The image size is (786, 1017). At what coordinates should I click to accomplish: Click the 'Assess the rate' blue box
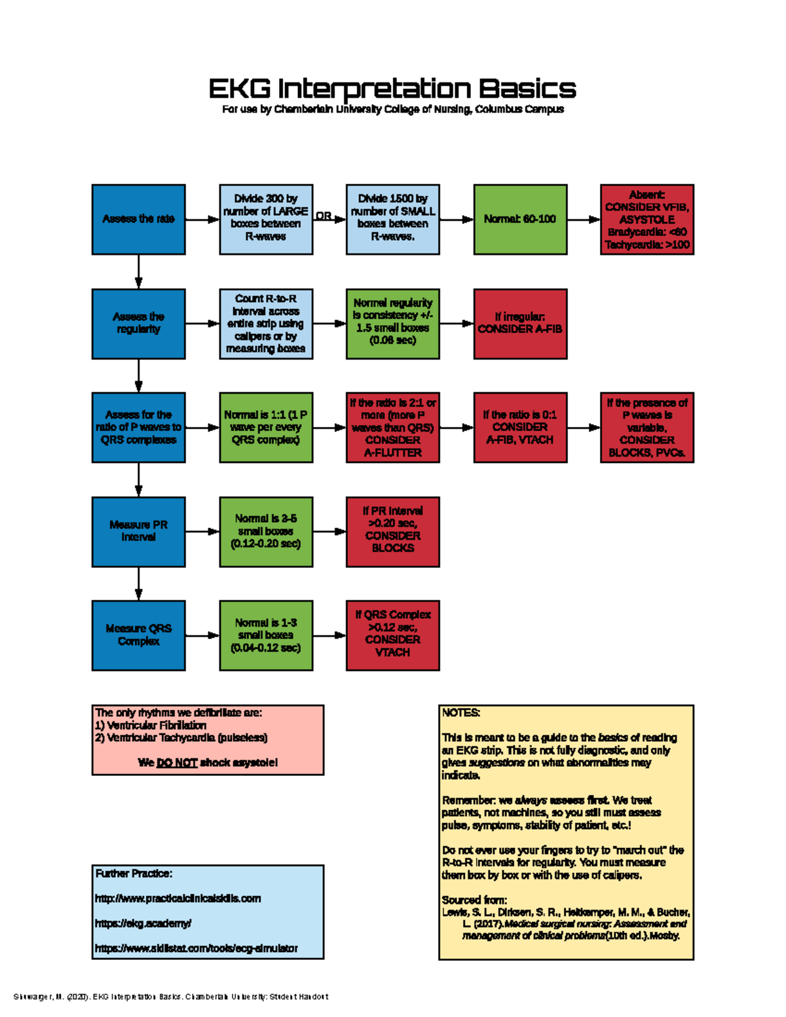click(x=138, y=219)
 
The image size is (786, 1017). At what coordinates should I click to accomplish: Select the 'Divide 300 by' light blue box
click(x=265, y=219)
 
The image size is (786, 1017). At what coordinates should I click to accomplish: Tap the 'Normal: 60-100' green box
click(x=520, y=219)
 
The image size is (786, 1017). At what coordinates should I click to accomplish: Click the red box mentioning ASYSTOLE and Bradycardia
click(x=646, y=219)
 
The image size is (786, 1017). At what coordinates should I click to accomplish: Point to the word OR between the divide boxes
click(x=324, y=215)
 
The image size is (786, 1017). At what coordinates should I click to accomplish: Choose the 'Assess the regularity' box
click(x=138, y=323)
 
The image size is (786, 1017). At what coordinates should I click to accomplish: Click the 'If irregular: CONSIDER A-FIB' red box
click(x=520, y=323)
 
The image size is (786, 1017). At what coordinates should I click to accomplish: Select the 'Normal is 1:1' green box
click(x=265, y=427)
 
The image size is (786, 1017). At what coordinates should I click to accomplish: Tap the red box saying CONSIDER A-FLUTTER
click(x=392, y=427)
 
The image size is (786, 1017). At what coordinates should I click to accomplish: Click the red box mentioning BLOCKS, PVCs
click(x=646, y=427)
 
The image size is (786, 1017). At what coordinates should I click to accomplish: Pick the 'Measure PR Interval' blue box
click(x=138, y=531)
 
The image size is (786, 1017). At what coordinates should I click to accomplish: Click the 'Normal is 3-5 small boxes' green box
click(x=265, y=531)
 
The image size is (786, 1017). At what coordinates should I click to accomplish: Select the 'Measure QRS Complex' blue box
click(x=138, y=635)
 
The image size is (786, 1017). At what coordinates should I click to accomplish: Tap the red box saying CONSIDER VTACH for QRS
click(x=392, y=635)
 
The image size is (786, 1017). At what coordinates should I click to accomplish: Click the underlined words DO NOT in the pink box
click(x=177, y=763)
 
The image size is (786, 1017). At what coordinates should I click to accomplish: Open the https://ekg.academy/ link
click(x=143, y=923)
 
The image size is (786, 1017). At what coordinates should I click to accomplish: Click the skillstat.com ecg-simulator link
click(x=196, y=948)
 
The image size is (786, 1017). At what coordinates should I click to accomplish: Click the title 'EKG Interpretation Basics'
click(x=392, y=88)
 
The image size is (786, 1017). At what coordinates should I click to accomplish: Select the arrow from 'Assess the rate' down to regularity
click(x=138, y=271)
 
